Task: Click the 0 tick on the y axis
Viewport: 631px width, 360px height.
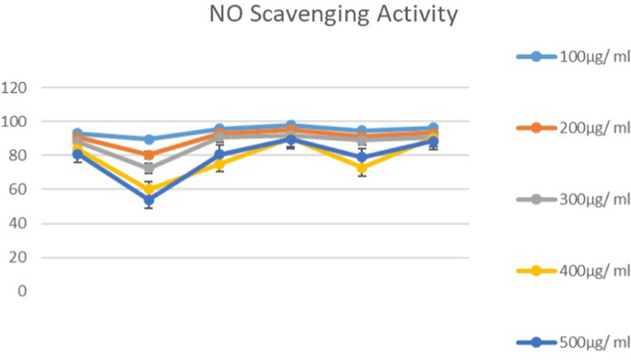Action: (21, 291)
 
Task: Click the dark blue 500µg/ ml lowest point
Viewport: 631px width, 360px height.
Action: (148, 200)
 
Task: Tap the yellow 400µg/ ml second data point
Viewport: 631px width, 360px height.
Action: (148, 190)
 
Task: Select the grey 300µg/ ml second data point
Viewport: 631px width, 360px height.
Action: (148, 169)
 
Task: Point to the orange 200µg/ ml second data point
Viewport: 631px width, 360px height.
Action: (148, 156)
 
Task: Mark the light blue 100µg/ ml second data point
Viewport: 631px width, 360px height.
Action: (148, 140)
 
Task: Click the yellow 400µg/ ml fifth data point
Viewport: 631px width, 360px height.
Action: (363, 168)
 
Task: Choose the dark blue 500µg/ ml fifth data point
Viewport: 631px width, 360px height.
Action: (363, 157)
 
